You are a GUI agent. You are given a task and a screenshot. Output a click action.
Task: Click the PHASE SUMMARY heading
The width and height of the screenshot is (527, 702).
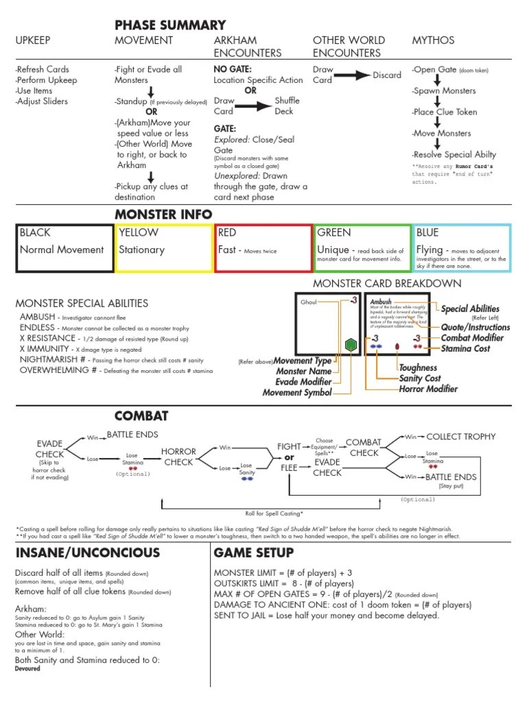(170, 25)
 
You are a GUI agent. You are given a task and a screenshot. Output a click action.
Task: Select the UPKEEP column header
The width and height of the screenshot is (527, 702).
(34, 40)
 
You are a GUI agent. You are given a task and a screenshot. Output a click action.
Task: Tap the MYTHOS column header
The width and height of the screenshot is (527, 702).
(432, 40)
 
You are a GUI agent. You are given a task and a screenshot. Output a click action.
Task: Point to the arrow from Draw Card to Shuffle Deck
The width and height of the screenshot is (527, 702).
(254, 106)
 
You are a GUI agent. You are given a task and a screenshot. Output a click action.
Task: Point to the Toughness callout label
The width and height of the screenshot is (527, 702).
(418, 368)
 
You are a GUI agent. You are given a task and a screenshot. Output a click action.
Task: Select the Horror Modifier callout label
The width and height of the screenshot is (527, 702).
(428, 389)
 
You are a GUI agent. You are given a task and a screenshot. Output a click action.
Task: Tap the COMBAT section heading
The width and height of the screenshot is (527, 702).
(141, 416)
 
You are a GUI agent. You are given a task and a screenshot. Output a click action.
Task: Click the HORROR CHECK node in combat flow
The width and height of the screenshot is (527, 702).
(178, 457)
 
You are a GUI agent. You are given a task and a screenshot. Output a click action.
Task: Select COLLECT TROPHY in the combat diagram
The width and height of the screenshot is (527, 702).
(460, 437)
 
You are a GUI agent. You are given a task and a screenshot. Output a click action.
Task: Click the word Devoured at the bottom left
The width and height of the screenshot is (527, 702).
(27, 668)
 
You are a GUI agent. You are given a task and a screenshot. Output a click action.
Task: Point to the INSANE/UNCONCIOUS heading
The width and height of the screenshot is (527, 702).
(87, 553)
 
